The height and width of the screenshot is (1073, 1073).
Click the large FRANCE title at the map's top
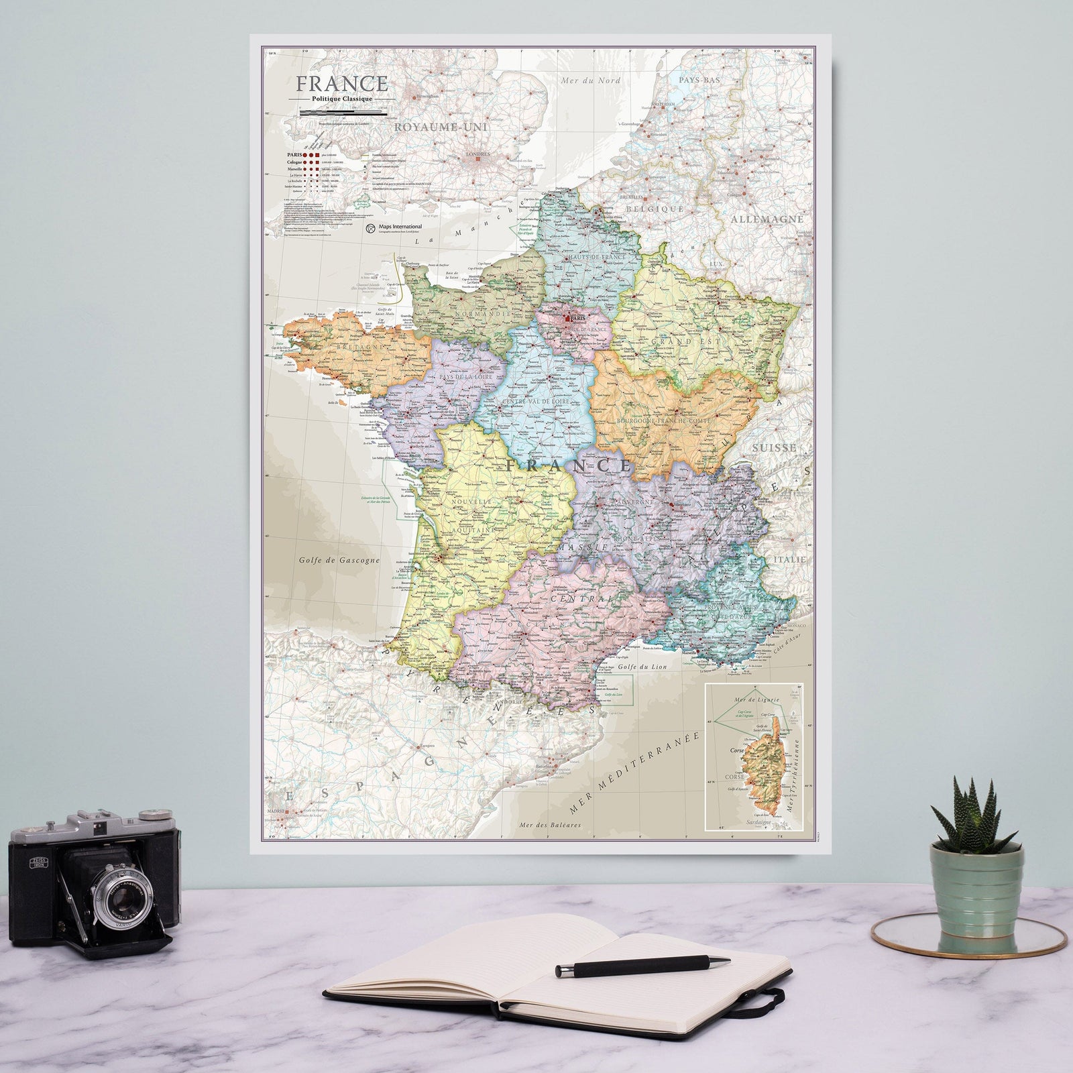[342, 83]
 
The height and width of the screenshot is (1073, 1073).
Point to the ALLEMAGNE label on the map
[767, 219]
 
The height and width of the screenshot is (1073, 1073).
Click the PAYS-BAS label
[699, 79]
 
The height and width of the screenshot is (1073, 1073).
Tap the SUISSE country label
[775, 447]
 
